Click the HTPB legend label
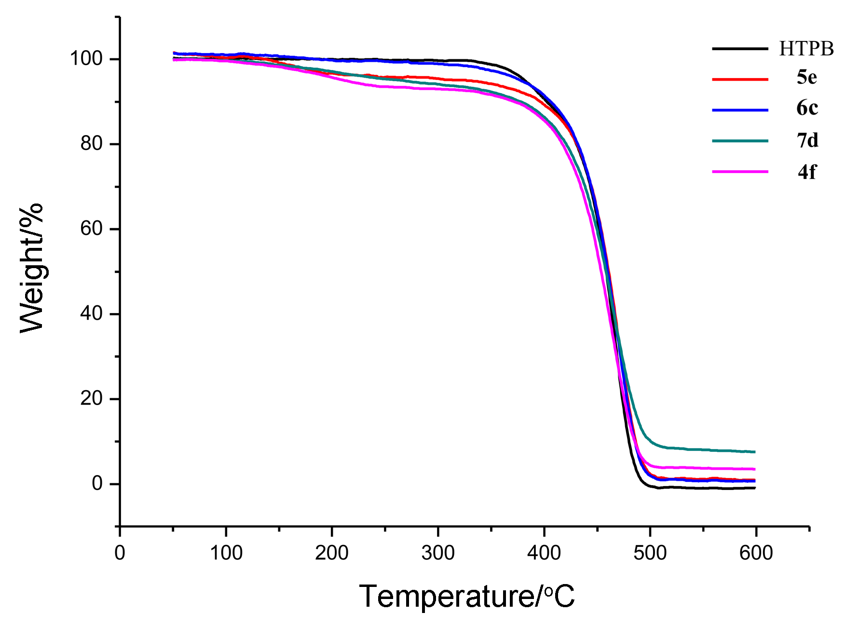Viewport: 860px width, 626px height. [806, 49]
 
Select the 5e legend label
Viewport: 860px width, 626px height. [806, 77]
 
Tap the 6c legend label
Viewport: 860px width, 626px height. [807, 108]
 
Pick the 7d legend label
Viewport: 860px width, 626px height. [807, 140]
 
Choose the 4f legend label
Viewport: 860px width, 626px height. [806, 172]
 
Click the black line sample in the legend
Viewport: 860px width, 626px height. [740, 49]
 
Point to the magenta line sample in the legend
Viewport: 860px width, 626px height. [740, 172]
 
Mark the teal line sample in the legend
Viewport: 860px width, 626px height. [740, 141]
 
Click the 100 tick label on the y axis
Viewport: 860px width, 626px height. [86, 59]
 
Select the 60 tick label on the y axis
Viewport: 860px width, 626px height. [92, 229]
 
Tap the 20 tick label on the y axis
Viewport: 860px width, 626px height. [92, 399]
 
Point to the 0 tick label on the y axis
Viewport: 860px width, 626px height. [97, 483]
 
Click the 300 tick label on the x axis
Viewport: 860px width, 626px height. [438, 553]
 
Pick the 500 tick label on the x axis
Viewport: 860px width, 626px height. [650, 553]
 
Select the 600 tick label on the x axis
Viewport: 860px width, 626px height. [756, 553]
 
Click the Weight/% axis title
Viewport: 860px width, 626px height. [32, 268]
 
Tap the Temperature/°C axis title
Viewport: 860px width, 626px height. [466, 596]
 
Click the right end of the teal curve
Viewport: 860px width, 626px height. [754, 452]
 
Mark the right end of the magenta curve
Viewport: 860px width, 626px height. [754, 469]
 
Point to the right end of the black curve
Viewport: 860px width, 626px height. [754, 488]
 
